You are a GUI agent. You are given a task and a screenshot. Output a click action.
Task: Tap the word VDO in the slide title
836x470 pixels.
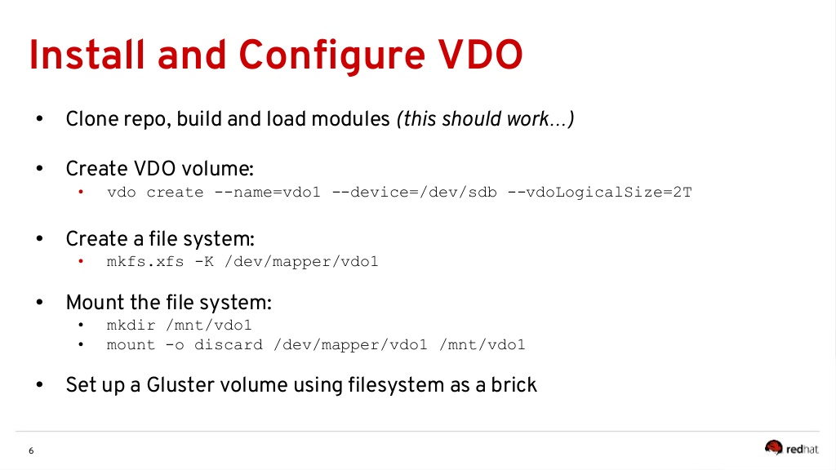click(x=477, y=55)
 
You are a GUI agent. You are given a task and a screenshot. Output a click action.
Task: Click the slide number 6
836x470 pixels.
click(x=31, y=451)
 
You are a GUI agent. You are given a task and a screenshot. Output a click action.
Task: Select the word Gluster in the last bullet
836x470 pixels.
click(x=178, y=385)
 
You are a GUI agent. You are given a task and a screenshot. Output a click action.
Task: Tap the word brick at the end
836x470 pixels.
click(x=514, y=385)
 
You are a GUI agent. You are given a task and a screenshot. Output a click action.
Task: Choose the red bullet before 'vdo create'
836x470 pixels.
click(x=81, y=193)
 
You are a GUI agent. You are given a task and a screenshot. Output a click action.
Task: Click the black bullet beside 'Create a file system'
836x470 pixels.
click(x=38, y=239)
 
